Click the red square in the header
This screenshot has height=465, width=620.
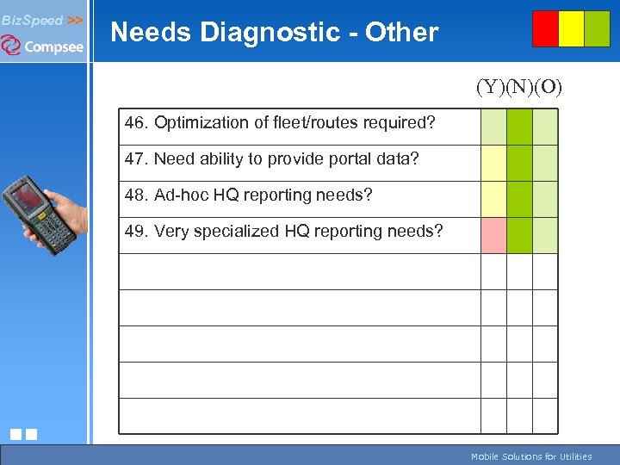coord(545,28)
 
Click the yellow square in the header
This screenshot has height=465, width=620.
coord(571,28)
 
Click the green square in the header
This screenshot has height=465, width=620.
coord(597,28)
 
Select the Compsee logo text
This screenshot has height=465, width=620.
coord(53,46)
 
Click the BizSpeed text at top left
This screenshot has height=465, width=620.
coord(32,19)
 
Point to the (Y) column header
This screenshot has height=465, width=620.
coord(493,87)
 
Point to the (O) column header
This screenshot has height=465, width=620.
coord(548,87)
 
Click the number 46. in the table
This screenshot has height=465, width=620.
coord(136,122)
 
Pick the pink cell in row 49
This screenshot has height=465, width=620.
coord(493,235)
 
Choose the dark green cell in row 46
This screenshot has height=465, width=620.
coord(519,127)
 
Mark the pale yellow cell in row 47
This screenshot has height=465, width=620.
coord(493,163)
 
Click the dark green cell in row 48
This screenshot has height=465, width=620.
coord(519,199)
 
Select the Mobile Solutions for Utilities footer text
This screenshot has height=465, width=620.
coord(530,456)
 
